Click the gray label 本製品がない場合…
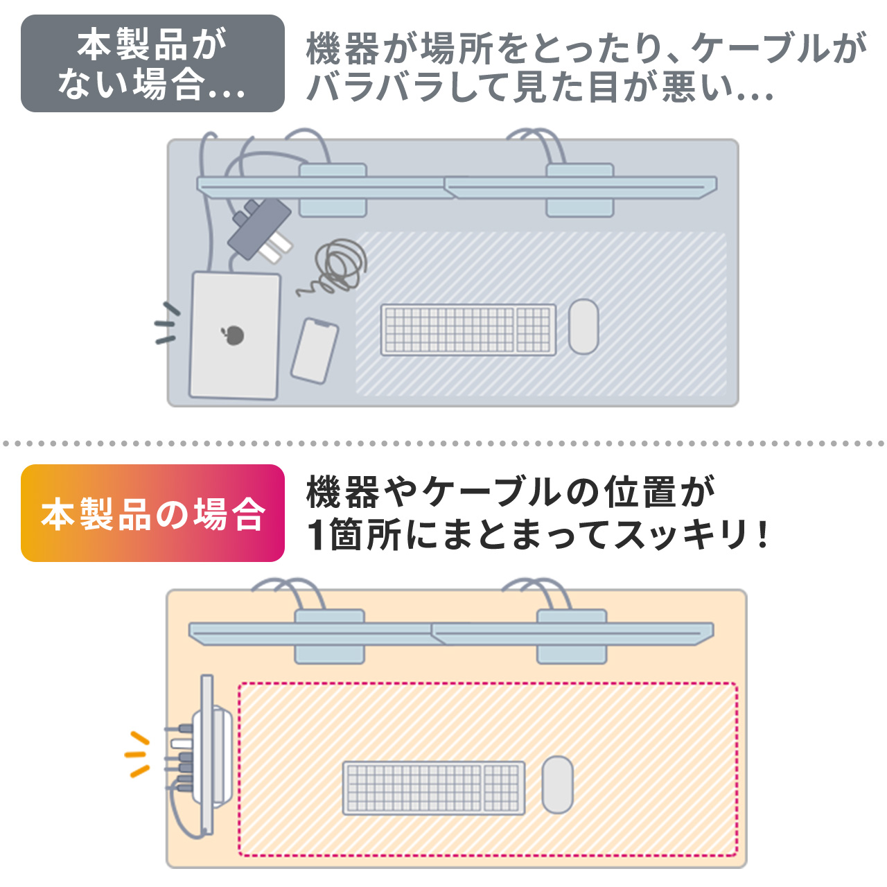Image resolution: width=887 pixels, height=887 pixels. [x=152, y=64]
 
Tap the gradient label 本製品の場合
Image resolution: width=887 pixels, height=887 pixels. [x=152, y=513]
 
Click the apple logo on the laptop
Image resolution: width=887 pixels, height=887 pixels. [x=234, y=335]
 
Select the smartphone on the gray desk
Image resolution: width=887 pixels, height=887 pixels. [x=315, y=351]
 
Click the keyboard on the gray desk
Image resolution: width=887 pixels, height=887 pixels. [x=468, y=330]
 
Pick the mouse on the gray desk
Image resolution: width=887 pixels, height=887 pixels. [x=583, y=326]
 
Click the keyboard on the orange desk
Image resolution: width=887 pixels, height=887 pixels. [x=434, y=788]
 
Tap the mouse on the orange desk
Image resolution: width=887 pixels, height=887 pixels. [x=557, y=784]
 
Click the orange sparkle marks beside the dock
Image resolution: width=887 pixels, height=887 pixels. [x=137, y=754]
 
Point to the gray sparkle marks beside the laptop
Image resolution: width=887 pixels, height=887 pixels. [x=166, y=324]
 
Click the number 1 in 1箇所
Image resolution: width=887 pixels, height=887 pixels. [x=316, y=535]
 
